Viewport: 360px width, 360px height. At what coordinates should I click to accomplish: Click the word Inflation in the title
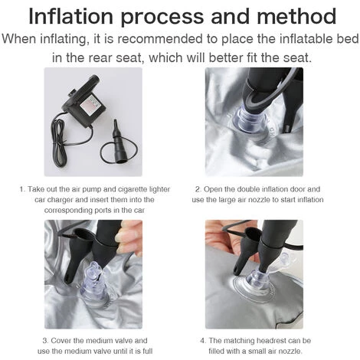coord(70,16)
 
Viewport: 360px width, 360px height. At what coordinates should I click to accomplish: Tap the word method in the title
coord(296,16)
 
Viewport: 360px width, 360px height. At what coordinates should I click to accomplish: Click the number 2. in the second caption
coord(198,189)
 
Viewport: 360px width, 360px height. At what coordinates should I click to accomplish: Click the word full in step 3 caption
coord(147,351)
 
